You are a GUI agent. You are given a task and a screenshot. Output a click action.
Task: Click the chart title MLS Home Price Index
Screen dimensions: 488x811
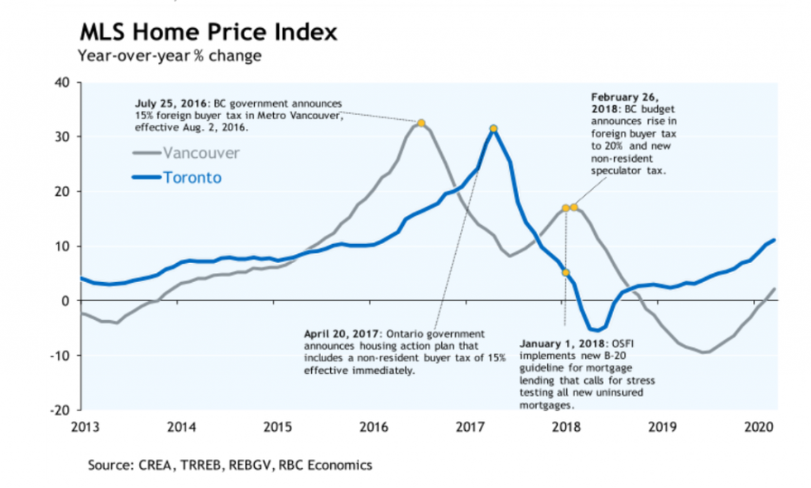coord(208,33)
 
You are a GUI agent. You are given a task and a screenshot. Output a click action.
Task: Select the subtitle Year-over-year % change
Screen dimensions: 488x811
coord(170,56)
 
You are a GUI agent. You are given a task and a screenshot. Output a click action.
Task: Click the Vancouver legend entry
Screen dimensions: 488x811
coord(201,153)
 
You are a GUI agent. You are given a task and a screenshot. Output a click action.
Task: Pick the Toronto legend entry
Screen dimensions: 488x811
coord(192,177)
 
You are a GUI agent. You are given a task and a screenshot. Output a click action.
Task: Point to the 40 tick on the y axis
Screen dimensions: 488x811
coord(62,82)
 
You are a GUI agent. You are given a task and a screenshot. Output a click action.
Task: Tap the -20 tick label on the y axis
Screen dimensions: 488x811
coord(60,410)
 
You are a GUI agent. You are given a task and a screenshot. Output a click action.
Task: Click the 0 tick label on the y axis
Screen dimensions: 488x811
coord(65,301)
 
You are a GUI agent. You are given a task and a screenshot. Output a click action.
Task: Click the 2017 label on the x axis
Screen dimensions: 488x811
coord(470,427)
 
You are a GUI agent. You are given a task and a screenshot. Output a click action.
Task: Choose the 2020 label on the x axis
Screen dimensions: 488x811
coord(760,427)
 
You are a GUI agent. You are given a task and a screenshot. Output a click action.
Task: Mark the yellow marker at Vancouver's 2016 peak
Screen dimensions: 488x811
coord(421,123)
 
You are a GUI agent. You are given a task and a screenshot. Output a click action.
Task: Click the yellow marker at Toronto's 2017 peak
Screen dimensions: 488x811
coord(493,128)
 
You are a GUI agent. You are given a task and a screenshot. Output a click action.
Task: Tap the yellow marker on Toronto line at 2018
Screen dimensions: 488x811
coord(566,272)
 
